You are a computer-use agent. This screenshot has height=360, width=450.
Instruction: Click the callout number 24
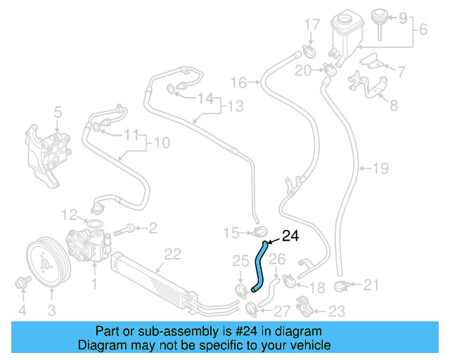[291, 236]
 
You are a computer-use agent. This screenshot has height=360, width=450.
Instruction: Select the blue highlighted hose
[259, 267]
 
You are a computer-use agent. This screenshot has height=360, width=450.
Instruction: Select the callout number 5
[58, 111]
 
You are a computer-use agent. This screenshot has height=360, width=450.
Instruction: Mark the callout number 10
[162, 143]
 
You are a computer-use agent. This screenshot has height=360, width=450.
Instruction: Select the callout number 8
[394, 106]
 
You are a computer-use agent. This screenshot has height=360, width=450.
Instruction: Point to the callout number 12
[68, 214]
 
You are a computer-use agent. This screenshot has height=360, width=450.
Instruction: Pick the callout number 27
[281, 311]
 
